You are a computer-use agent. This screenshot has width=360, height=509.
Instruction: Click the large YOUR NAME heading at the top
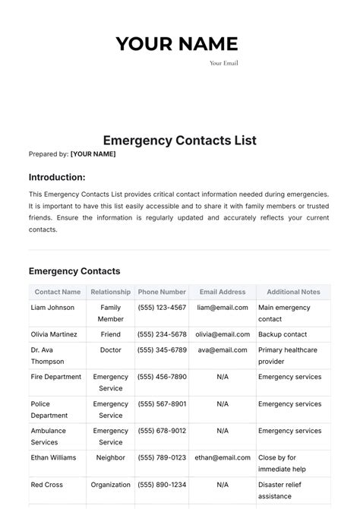[176, 44]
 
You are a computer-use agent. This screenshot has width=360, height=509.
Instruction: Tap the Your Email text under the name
[223, 63]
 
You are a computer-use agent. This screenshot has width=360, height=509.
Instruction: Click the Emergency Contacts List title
[179, 141]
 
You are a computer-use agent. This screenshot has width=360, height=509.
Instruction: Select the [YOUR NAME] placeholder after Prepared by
[93, 154]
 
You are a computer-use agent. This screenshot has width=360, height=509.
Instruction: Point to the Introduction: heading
[57, 177]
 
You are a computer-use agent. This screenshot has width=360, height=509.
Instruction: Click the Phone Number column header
[162, 292]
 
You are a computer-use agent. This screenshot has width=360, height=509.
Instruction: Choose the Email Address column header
[223, 292]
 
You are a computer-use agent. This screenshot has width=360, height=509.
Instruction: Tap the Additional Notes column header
[293, 292]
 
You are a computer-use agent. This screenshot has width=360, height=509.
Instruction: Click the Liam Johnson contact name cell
[52, 308]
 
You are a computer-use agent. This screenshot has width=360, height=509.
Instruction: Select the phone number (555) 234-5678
[162, 334]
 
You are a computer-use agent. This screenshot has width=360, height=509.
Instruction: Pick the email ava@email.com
[223, 350]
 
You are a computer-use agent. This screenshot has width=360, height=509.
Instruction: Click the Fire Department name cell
[56, 377]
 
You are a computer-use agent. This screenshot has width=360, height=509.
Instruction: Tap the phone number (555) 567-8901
[162, 404]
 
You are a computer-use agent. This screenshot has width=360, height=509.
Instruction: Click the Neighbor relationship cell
[111, 458]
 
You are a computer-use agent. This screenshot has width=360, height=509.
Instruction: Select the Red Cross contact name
[47, 485]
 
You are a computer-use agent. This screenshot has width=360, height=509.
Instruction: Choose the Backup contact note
[283, 334]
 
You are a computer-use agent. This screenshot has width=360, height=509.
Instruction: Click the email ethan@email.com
[223, 458]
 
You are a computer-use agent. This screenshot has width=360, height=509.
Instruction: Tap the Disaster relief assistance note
[286, 490]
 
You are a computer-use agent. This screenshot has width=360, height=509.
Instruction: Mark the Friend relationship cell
[111, 334]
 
